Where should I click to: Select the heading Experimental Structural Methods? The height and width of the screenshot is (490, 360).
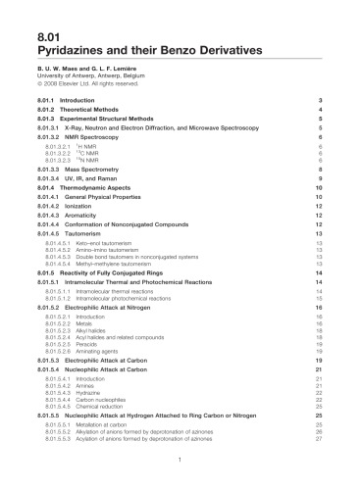click(117, 120)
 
